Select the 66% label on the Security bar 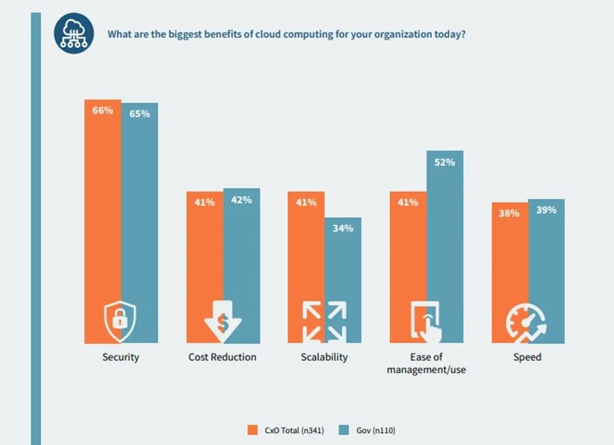coord(103,110)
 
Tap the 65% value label coord(139,114)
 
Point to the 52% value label coord(445,162)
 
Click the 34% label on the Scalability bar coord(343,228)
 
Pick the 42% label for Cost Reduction coord(241,200)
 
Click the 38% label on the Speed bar coord(509,213)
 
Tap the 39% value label coord(546,210)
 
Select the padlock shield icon coord(121,318)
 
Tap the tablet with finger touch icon coord(426,321)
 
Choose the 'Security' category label coord(121,357)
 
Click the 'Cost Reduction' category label coord(223,357)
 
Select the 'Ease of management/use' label coord(426,364)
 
